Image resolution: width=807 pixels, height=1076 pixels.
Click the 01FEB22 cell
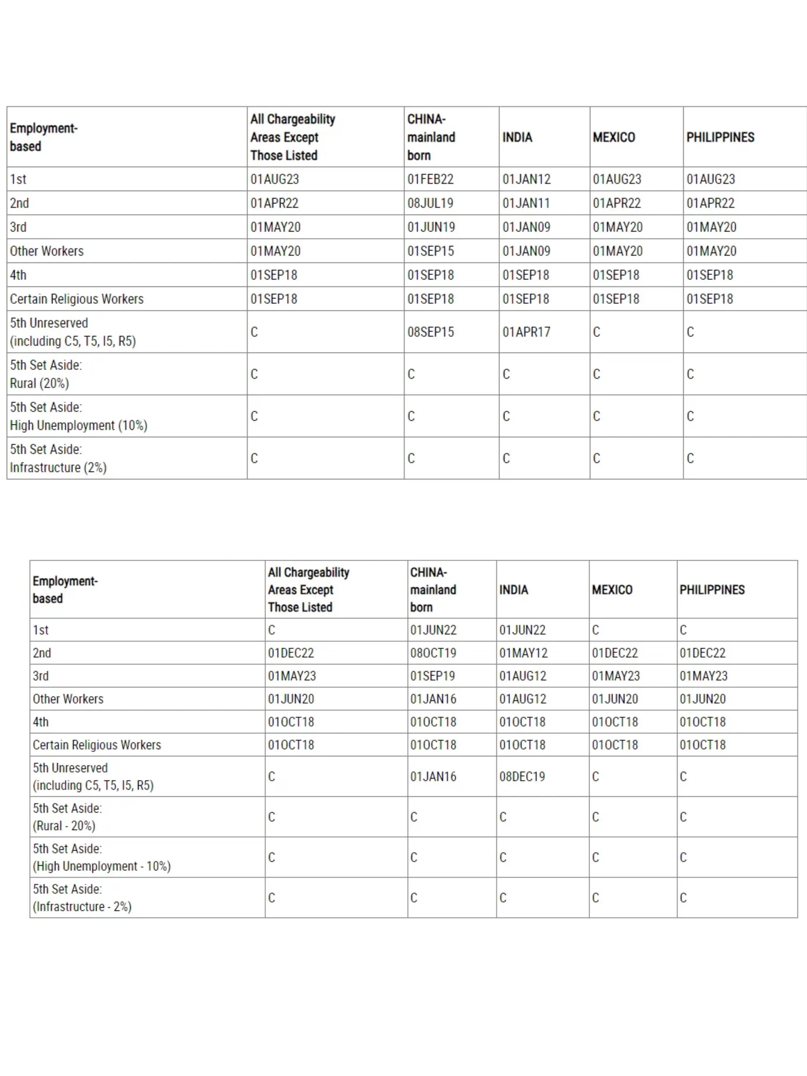pos(430,179)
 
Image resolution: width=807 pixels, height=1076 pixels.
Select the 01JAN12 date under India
pos(526,179)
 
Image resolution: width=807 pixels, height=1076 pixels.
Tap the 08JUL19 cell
pos(430,203)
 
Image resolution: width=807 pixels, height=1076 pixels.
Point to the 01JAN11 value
pos(526,203)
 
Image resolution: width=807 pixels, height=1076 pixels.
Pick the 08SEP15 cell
pos(430,332)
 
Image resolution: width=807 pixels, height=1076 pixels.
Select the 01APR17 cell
pos(526,332)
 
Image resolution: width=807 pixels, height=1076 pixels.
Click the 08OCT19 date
pos(433,653)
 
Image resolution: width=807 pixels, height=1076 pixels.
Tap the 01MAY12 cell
pos(523,653)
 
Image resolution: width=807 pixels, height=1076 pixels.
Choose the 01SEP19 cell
pos(433,676)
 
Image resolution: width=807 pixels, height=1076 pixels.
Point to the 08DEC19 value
pos(522,777)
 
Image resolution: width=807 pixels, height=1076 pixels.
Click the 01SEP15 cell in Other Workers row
pos(430,251)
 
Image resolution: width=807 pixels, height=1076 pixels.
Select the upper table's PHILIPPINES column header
pos(720,138)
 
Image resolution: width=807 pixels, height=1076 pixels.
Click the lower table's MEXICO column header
pos(612,590)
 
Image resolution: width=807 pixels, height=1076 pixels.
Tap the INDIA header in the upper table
pos(517,138)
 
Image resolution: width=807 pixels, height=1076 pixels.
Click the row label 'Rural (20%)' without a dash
pos(39,383)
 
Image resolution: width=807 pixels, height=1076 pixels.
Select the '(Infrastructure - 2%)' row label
pos(82,907)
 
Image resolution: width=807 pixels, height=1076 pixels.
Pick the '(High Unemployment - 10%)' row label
pos(102,866)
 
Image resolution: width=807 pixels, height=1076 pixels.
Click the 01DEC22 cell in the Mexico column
pos(614,653)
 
